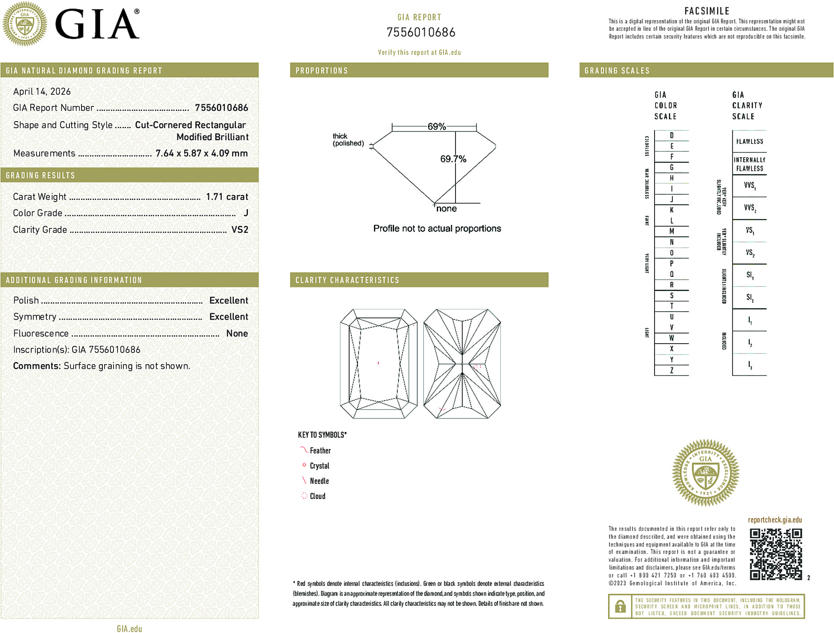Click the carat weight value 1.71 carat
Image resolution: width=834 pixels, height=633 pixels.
click(227, 197)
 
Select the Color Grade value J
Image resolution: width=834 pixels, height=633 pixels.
click(246, 213)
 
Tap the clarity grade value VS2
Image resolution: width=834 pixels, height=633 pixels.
click(240, 230)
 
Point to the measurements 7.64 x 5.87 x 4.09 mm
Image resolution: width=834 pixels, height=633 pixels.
click(201, 154)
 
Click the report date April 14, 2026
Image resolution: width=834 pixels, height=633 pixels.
click(42, 92)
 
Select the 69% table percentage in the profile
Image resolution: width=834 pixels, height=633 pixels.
click(436, 126)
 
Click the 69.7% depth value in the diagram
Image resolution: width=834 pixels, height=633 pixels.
click(453, 159)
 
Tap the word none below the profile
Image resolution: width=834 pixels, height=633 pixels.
click(446, 209)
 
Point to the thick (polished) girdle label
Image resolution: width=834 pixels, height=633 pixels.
click(348, 140)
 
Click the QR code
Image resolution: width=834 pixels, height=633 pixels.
click(775, 554)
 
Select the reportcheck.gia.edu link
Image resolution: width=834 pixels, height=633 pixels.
click(775, 520)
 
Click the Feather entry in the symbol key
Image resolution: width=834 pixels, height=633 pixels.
click(320, 451)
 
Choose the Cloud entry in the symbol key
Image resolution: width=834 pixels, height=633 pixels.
click(317, 496)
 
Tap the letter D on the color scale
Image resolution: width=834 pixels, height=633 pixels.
click(671, 135)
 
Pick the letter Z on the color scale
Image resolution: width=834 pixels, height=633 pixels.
click(671, 370)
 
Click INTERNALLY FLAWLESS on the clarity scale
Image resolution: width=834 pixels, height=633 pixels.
click(749, 164)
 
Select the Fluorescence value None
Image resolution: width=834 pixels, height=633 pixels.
click(237, 333)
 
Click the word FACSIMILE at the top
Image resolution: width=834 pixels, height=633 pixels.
click(707, 11)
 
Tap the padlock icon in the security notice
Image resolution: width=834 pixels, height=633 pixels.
click(620, 606)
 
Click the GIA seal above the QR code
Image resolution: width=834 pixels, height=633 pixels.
click(705, 473)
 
